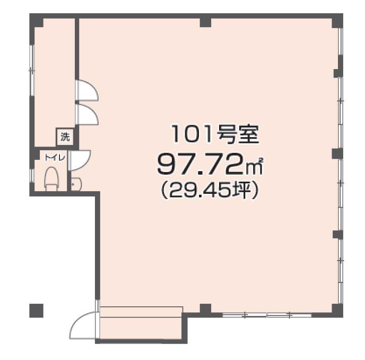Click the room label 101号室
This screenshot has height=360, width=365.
click(x=215, y=135)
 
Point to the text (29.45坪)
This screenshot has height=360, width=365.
click(x=210, y=191)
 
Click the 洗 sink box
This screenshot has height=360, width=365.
click(x=65, y=137)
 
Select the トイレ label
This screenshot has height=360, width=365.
click(x=55, y=158)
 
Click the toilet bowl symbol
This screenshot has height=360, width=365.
click(x=51, y=178)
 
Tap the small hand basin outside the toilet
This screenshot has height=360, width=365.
click(x=76, y=184)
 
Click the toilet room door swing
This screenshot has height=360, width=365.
click(x=80, y=160)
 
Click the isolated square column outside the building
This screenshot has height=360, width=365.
click(x=36, y=311)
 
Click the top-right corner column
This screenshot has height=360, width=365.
click(x=337, y=21)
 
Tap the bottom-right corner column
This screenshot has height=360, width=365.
click(x=337, y=311)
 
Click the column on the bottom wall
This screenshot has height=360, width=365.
click(x=205, y=310)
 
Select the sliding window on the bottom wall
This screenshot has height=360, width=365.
click(x=267, y=315)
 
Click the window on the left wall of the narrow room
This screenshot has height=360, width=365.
click(x=32, y=70)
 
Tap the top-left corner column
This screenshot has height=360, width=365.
click(x=36, y=21)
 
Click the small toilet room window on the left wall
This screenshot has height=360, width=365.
click(x=32, y=175)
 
